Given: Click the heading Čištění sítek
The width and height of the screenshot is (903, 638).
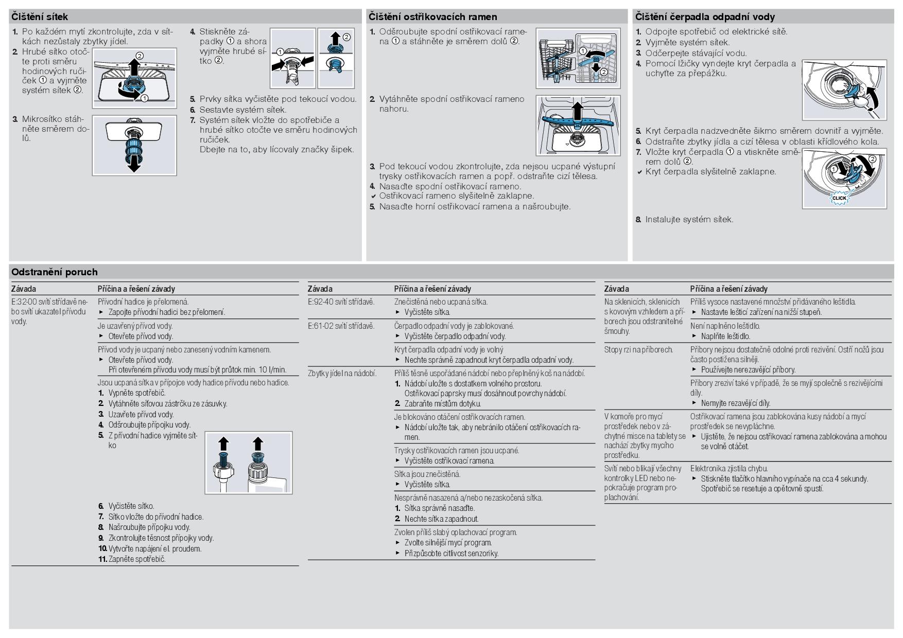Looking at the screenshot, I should pos(40,17).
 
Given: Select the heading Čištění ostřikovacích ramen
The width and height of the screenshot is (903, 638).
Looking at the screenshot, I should pos(432,17).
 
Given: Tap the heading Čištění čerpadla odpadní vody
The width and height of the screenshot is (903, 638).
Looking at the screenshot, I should pos(705,17).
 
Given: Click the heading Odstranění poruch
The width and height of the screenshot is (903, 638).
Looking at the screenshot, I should pos(55,272).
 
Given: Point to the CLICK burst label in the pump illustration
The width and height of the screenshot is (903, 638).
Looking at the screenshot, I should pos(839,198).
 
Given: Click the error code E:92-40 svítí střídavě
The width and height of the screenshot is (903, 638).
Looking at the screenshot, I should pos(341,302).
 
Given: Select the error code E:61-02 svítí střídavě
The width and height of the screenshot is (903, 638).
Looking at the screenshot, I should pos(341,326).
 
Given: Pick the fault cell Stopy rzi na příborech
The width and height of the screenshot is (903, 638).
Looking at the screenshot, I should pos(638,350).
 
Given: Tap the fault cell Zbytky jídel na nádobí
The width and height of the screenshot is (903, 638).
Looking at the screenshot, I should pos(342,373).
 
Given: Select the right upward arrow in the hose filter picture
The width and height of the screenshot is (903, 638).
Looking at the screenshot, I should pos(258,444).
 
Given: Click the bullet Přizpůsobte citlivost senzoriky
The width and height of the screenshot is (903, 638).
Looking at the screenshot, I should pos(451,554).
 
